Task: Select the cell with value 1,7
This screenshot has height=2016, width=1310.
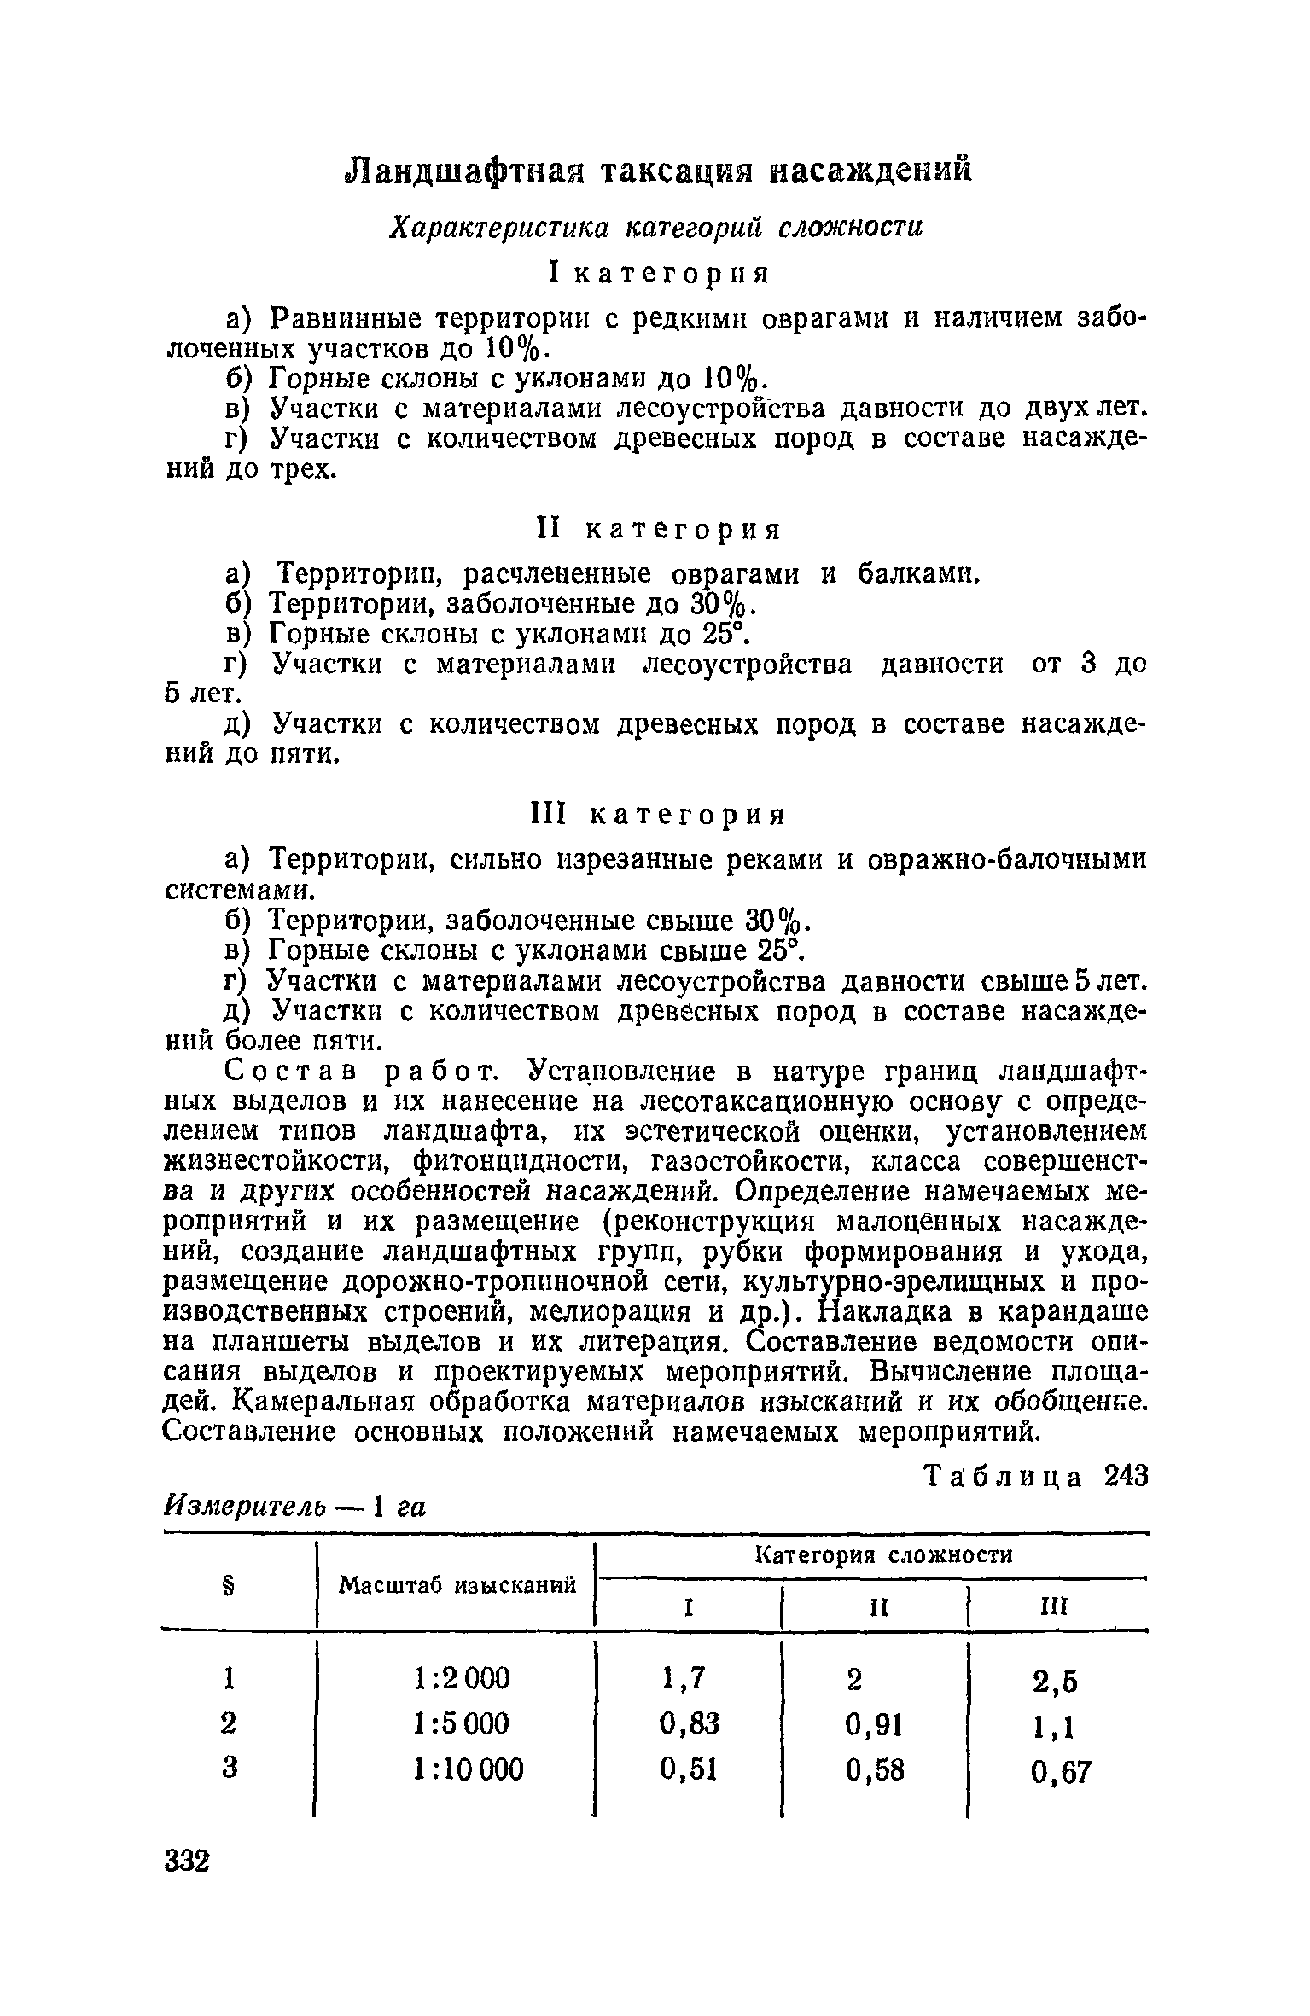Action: tap(684, 1678)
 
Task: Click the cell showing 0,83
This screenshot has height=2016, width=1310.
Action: tap(690, 1723)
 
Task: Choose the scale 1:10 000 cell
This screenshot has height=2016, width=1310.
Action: tap(468, 1768)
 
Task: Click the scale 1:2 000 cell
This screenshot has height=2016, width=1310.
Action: tap(461, 1678)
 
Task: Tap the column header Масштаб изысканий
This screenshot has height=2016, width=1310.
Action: tap(457, 1585)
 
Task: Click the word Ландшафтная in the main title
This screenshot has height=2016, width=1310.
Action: tap(457, 171)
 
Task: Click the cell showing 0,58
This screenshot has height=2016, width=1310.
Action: tap(874, 1770)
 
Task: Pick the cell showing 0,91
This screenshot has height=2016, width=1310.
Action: tap(874, 1724)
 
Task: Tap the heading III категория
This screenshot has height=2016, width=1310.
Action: tap(657, 815)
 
